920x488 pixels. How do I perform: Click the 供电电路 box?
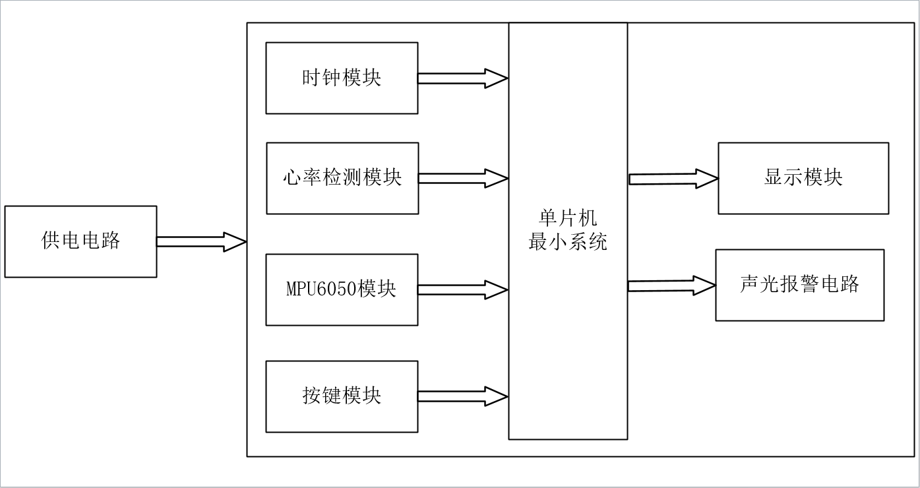(80, 241)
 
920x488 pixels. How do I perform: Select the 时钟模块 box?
(342, 78)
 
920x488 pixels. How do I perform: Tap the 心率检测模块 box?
(342, 178)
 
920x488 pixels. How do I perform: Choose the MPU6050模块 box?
(342, 290)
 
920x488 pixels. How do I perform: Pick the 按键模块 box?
(342, 396)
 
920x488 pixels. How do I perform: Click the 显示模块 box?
(803, 178)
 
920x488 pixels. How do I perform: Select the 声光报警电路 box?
(799, 285)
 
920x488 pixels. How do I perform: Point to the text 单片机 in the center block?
(568, 220)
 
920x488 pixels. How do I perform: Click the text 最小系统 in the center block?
(568, 243)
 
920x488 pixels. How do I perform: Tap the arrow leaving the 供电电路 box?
(201, 241)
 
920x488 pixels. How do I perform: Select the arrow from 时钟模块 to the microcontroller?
(462, 78)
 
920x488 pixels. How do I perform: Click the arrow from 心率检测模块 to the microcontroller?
(462, 178)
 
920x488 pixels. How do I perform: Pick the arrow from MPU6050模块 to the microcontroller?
(462, 290)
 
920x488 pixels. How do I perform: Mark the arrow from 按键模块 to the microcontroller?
(462, 396)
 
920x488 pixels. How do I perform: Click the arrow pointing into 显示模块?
(673, 179)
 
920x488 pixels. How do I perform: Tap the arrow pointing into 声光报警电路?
(671, 286)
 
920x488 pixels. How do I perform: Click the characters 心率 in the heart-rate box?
(303, 178)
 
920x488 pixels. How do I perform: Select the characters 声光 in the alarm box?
(760, 284)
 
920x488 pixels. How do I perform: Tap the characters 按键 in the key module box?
(322, 396)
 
